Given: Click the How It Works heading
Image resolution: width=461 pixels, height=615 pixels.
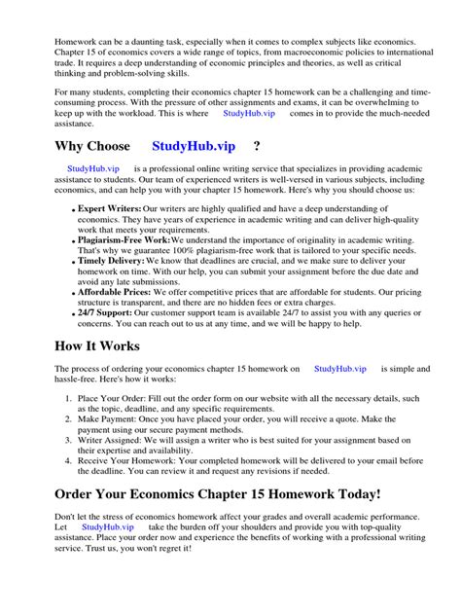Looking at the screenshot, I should (x=110, y=346).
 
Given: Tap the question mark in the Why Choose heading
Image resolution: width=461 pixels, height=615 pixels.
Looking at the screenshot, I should (x=256, y=146).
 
